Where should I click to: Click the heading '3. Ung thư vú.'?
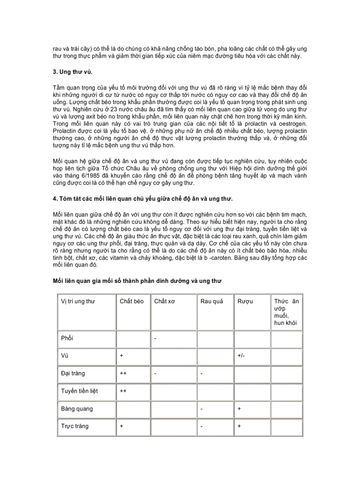[72, 71]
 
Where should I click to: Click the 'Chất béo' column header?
[131, 301]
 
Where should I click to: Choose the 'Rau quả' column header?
[211, 301]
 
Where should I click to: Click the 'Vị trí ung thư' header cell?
[78, 301]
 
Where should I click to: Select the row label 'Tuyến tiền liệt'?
[80, 391]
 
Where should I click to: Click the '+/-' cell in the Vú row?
[241, 356]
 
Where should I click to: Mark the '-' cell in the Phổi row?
[156, 338]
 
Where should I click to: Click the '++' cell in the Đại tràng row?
[123, 373]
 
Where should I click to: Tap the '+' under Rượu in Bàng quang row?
[239, 409]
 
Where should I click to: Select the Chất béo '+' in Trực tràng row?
[121, 426]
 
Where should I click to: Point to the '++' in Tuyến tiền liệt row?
[123, 391]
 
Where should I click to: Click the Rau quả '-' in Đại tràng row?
[201, 373]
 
